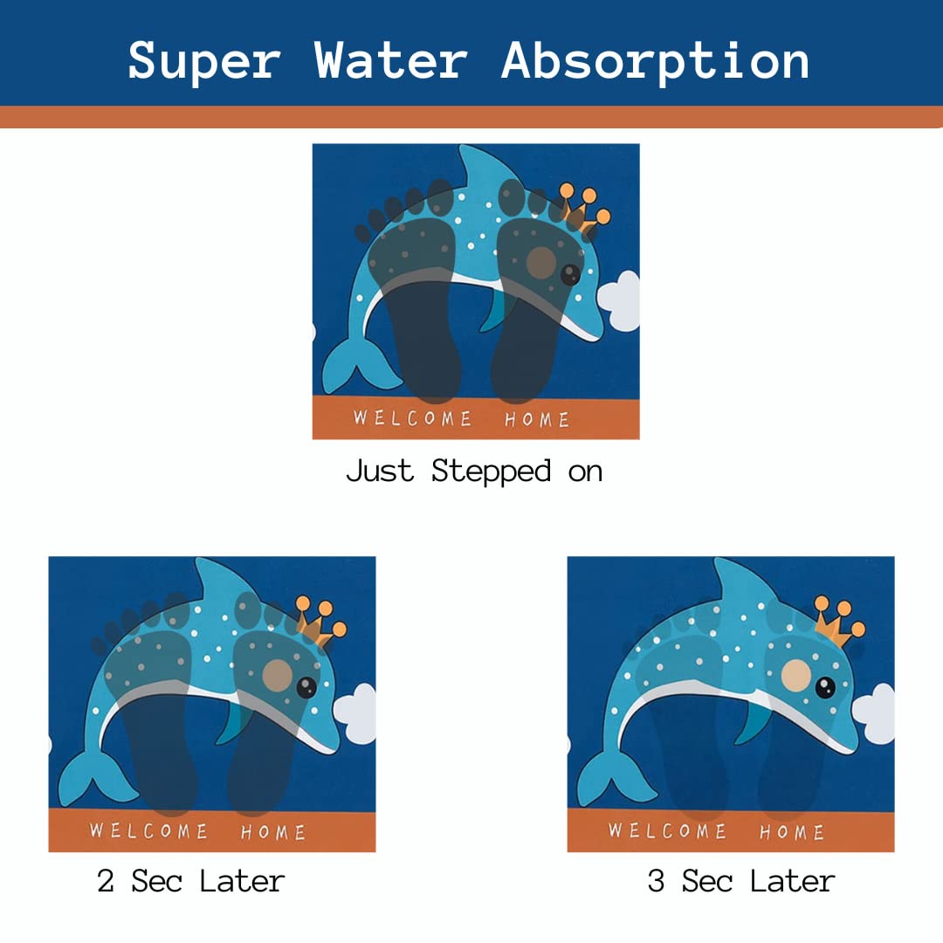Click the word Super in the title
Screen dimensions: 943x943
tap(204, 61)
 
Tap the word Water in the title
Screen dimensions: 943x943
tap(391, 60)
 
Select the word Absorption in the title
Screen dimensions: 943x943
tap(656, 61)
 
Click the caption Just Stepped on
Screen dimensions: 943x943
tap(474, 471)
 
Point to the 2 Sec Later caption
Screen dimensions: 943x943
tap(190, 881)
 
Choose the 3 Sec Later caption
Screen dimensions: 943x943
tap(741, 881)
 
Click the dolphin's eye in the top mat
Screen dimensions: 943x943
tap(570, 275)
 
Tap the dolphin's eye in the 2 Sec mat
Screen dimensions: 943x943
tap(306, 687)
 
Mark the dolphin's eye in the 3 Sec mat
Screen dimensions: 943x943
tap(825, 687)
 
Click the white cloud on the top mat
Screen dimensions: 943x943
tap(619, 300)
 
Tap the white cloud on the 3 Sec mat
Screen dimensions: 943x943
tap(874, 713)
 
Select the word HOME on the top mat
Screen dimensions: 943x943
tap(537, 419)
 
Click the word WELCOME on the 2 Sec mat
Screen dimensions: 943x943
tap(148, 831)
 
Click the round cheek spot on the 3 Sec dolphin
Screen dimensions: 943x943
tap(795, 675)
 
